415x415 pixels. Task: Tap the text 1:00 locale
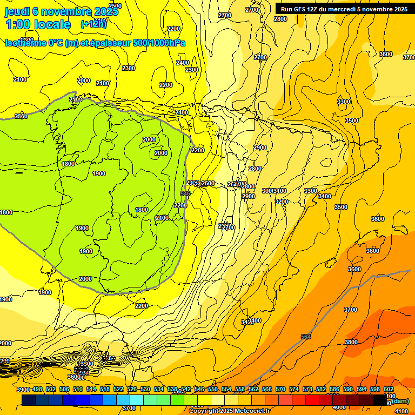38,24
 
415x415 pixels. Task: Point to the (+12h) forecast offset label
93,24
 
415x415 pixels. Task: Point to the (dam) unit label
400,401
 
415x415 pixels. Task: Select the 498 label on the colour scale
37,390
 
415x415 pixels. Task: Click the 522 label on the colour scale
118,390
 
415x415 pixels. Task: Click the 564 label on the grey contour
306,337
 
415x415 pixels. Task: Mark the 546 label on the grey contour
185,193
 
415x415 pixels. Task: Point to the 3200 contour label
281,202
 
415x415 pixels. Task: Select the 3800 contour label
351,342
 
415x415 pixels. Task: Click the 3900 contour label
23,390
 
